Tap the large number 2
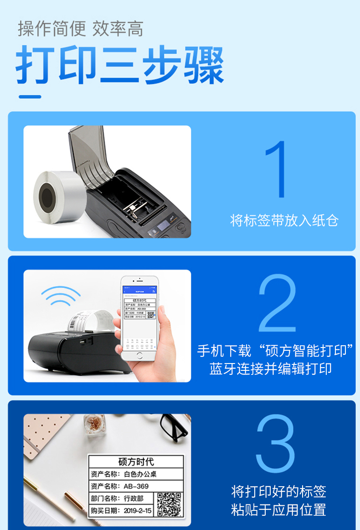pyautogui.click(x=278, y=304)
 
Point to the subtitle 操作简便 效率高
pyautogui.click(x=81, y=29)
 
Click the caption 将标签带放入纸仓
pyautogui.click(x=284, y=221)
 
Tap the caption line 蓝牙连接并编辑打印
pyautogui.click(x=271, y=369)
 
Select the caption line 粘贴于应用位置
pyautogui.click(x=278, y=509)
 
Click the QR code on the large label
pyautogui.click(x=169, y=504)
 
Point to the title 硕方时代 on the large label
pyautogui.click(x=136, y=462)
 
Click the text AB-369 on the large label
pyautogui.click(x=136, y=486)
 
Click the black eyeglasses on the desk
pyautogui.click(x=174, y=425)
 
